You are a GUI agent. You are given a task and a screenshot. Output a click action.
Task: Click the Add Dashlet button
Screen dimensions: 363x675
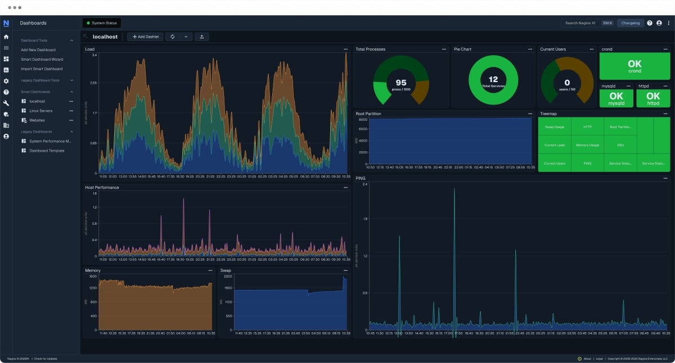(145, 37)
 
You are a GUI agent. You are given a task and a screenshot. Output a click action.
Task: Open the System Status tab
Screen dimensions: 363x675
(102, 23)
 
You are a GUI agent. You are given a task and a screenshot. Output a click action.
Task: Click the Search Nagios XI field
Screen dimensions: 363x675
(580, 23)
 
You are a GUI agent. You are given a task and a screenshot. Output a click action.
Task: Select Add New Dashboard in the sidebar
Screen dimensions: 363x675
(38, 50)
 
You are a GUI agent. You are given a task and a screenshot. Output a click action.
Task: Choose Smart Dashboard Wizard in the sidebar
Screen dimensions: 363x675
(42, 59)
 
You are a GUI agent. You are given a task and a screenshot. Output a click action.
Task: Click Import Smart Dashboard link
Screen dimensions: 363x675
(42, 69)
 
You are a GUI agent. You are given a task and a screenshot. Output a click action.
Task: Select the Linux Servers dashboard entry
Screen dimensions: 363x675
(40, 111)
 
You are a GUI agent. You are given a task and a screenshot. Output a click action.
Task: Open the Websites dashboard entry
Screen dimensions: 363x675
(37, 120)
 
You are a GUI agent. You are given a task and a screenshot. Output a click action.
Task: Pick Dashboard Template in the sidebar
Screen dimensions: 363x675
(47, 151)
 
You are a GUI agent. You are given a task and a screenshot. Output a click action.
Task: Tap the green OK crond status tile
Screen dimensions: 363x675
(634, 66)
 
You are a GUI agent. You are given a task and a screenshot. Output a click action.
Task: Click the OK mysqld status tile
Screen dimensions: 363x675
(616, 98)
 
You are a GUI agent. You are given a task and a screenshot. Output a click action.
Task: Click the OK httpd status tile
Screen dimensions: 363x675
(653, 98)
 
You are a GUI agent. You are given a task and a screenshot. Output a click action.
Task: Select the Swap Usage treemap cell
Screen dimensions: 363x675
(554, 127)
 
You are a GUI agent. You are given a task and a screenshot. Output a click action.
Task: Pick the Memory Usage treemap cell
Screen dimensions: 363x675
(587, 145)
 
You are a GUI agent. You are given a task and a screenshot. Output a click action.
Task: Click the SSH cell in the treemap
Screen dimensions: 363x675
(620, 145)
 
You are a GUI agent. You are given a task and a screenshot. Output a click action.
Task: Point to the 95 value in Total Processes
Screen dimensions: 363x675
(400, 83)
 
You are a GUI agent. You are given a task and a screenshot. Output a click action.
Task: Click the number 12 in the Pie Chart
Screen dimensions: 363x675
(493, 79)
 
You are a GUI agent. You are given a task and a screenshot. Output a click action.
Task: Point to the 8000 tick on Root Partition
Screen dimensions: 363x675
(362, 120)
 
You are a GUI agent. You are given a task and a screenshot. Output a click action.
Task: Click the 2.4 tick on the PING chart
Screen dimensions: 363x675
(364, 184)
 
